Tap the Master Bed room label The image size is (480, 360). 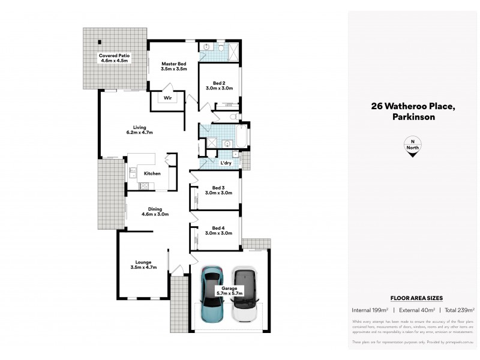tap(173, 66)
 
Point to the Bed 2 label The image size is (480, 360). tap(219, 85)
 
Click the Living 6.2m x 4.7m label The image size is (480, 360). tap(139, 130)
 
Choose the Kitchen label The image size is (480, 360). tap(152, 173)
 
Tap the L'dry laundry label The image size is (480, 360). tap(226, 163)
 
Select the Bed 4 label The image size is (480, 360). tap(218, 232)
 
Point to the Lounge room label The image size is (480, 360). tap(143, 265)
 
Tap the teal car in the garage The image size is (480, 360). tap(212, 294)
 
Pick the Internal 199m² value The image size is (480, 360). tap(369, 310)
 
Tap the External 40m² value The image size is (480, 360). tap(415, 310)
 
